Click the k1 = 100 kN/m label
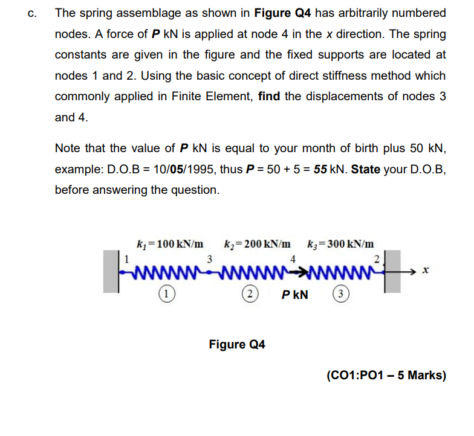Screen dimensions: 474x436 (170, 244)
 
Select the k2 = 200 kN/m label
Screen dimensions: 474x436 (257, 244)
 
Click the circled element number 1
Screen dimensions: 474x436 (164, 295)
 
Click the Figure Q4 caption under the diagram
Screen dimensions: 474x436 (237, 345)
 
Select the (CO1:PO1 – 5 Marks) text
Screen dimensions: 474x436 (386, 376)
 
